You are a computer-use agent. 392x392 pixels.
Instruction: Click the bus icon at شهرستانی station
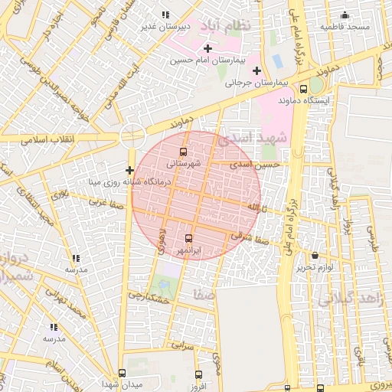(x=183, y=152)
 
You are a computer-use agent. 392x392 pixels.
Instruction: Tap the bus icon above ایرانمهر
(x=188, y=238)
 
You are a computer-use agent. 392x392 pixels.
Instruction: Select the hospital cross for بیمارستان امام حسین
(x=207, y=49)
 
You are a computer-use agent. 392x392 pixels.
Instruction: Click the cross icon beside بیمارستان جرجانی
(x=256, y=71)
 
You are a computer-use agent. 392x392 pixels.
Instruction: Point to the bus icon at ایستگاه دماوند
(x=304, y=88)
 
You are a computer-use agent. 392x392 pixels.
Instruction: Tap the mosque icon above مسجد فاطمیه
(x=345, y=15)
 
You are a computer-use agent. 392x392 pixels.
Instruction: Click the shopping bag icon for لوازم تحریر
(x=315, y=255)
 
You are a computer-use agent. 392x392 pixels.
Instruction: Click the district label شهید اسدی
(x=252, y=139)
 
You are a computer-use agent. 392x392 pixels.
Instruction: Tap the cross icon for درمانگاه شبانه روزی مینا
(x=129, y=170)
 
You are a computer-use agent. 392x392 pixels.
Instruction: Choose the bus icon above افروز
(x=200, y=374)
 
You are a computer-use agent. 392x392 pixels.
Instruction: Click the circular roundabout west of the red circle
(x=132, y=136)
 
